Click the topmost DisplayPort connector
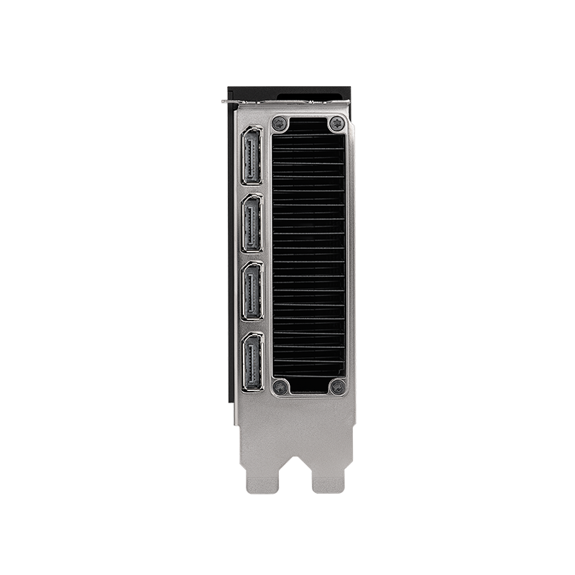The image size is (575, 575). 252,157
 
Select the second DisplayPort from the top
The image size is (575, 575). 252,224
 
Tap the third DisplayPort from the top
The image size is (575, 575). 252,290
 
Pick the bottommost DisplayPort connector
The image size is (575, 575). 252,362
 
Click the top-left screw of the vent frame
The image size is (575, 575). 280,124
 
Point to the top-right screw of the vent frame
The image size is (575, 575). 336,124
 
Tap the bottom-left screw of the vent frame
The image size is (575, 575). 280,387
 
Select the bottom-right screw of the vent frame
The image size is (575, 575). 336,387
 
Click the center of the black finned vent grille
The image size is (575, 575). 308,255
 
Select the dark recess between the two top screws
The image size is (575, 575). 308,124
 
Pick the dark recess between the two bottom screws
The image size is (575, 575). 308,386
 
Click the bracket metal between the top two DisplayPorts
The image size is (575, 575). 252,190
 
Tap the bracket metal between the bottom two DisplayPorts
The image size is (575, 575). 252,326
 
